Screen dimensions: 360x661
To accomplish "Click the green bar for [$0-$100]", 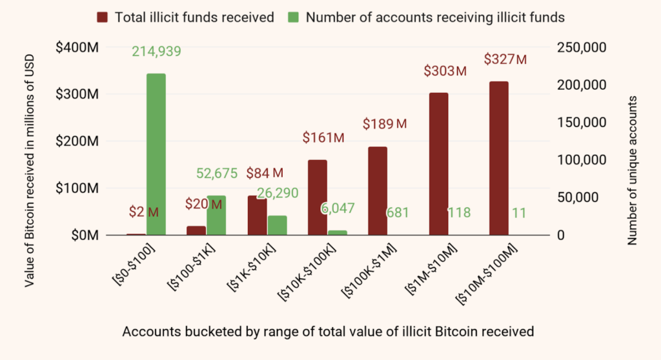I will [x=156, y=154].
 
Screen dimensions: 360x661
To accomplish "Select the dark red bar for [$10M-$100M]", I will [x=498, y=158].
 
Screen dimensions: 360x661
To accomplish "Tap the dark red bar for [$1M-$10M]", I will [x=438, y=164].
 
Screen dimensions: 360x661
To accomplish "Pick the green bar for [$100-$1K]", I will [x=216, y=215].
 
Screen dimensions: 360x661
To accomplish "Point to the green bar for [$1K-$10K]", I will [x=277, y=225].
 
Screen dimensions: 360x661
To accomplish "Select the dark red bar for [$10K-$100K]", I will [x=317, y=197].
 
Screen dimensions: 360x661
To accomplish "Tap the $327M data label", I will [x=505, y=59].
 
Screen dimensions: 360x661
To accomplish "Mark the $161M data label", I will [x=324, y=137].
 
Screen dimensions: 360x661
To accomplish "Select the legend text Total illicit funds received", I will [x=194, y=17].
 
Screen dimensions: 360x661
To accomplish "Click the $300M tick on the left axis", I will [x=77, y=94].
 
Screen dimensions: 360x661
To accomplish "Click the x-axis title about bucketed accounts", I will [x=328, y=332].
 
